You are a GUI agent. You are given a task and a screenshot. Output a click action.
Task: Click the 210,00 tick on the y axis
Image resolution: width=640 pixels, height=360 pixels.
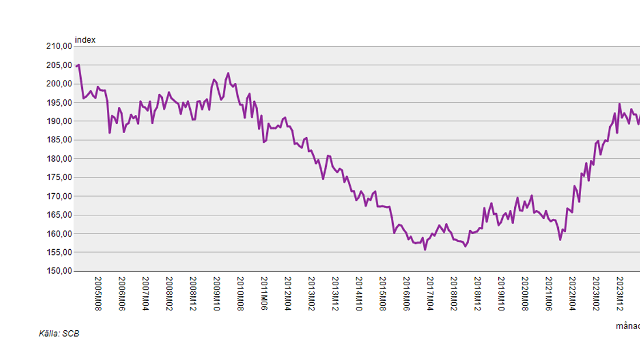click(59, 46)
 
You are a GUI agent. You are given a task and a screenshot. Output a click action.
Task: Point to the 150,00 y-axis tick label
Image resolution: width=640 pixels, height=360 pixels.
click(59, 271)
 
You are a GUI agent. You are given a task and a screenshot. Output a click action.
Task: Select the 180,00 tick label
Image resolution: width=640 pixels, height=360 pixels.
click(59, 159)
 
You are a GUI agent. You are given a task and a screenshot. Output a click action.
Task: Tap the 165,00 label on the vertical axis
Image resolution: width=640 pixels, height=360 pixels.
click(59, 215)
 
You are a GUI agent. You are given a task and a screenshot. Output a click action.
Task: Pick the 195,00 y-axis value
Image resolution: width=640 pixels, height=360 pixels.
click(59, 103)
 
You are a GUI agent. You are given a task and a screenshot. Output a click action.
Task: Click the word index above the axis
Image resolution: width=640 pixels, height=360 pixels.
click(85, 40)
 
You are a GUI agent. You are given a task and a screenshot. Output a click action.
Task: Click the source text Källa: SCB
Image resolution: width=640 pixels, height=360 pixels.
click(59, 334)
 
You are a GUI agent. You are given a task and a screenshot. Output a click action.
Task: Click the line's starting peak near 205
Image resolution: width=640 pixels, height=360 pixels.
click(78, 65)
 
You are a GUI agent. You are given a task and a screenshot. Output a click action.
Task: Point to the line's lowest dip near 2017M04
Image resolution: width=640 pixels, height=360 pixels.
click(425, 250)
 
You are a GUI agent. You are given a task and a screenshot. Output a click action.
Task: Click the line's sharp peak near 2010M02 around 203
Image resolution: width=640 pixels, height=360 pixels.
click(228, 73)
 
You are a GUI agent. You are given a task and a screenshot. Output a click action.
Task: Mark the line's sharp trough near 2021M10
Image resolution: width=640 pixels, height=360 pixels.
click(561, 239)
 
